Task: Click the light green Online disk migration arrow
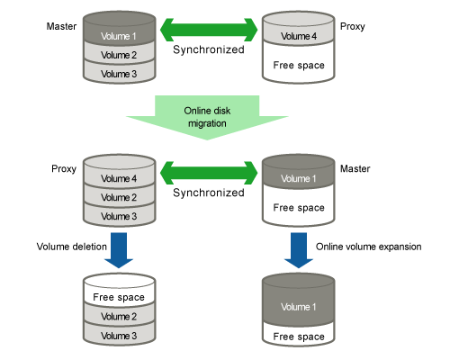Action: click(x=207, y=118)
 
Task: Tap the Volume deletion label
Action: click(x=72, y=247)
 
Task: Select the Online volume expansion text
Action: click(x=368, y=247)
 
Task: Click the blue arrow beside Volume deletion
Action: click(x=119, y=250)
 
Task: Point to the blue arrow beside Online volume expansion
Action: click(x=299, y=250)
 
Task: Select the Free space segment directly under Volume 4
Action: click(x=299, y=65)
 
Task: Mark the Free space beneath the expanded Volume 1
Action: click(x=299, y=336)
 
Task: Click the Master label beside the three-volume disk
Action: click(x=61, y=26)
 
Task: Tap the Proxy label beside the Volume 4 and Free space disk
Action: click(x=353, y=27)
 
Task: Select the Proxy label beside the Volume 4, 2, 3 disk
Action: click(x=64, y=169)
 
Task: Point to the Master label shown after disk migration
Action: click(x=355, y=168)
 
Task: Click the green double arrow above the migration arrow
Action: click(x=209, y=30)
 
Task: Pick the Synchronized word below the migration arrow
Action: click(x=209, y=193)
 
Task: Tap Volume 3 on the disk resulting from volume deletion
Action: click(x=119, y=335)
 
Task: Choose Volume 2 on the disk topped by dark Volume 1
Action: click(x=119, y=55)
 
